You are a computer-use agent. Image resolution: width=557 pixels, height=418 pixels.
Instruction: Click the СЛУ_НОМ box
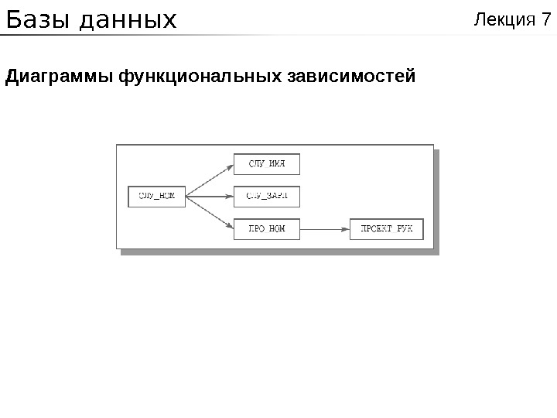click(x=157, y=196)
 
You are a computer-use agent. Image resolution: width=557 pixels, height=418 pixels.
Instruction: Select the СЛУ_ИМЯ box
click(x=266, y=164)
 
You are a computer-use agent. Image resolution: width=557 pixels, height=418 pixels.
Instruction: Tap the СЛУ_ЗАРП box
click(x=266, y=196)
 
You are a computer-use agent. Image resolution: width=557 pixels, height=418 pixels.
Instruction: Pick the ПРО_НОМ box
click(x=266, y=228)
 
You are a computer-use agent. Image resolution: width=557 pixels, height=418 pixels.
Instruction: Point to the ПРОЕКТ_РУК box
click(x=387, y=228)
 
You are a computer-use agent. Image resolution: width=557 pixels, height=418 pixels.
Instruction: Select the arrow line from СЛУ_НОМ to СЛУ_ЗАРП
click(x=209, y=196)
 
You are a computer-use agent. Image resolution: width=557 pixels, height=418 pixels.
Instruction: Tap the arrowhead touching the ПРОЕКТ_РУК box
click(x=346, y=228)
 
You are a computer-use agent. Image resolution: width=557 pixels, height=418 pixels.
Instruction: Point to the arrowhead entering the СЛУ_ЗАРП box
click(x=230, y=196)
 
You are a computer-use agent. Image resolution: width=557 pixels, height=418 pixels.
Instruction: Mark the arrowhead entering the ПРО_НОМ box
click(x=230, y=226)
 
